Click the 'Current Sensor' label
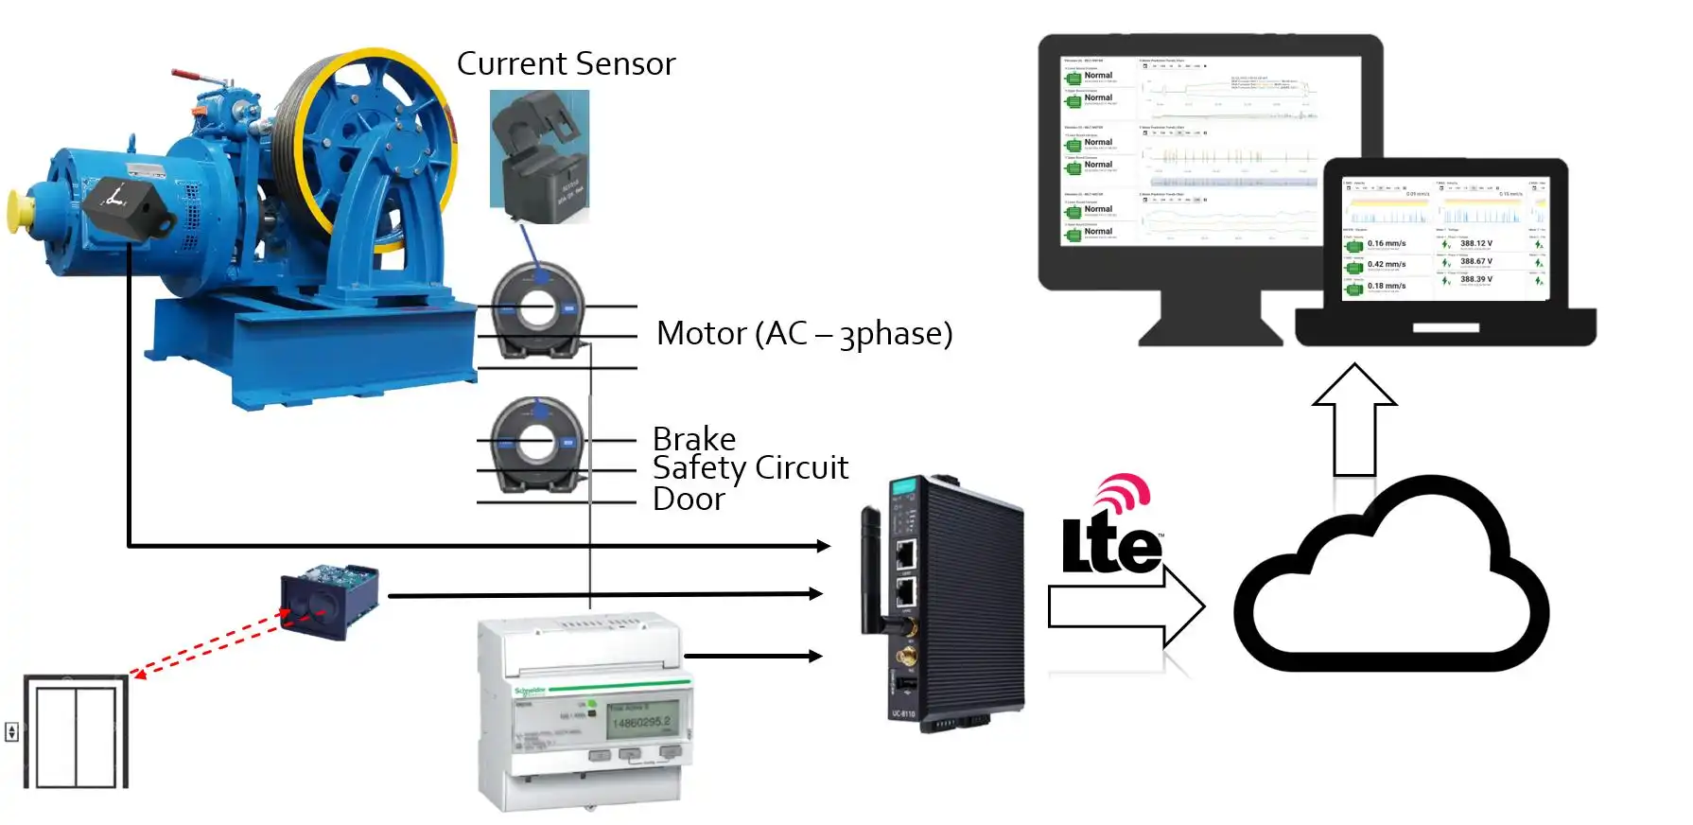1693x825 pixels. pyautogui.click(x=566, y=63)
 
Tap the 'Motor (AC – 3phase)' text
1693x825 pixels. pyautogui.click(x=804, y=333)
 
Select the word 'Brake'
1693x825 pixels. pyautogui.click(x=694, y=439)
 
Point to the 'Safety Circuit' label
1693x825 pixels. pyautogui.click(x=750, y=467)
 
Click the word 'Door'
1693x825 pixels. pyautogui.click(x=689, y=499)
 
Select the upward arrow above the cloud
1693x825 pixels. pyautogui.click(x=1354, y=416)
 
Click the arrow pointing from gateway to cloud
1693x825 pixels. pyautogui.click(x=1126, y=606)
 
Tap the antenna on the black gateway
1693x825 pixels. pyautogui.click(x=870, y=568)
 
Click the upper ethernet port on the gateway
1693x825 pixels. pyautogui.click(x=905, y=553)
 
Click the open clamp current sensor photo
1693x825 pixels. pyautogui.click(x=539, y=156)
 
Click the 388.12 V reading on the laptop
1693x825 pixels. pyautogui.click(x=1476, y=244)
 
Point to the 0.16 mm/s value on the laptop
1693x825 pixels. pyautogui.click(x=1387, y=244)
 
